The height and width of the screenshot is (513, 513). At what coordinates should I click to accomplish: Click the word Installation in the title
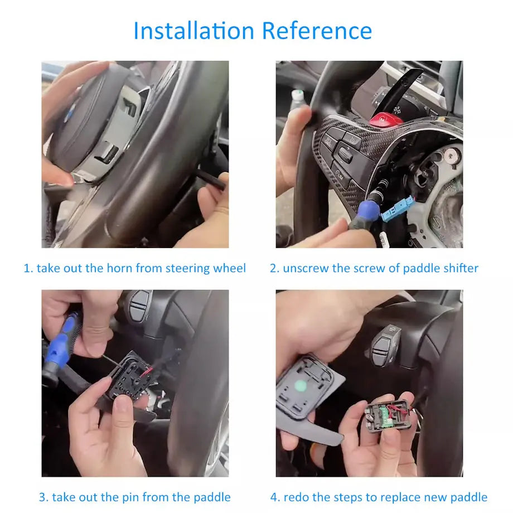193,31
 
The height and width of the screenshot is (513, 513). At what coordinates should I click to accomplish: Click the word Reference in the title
317,31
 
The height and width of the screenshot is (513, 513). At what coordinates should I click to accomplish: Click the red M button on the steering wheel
386,120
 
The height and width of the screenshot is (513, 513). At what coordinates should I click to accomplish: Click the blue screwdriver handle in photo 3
61,340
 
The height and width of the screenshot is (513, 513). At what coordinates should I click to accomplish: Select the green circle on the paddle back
301,386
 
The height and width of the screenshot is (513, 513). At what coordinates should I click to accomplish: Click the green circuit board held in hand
386,416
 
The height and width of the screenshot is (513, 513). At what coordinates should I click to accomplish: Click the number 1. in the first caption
29,268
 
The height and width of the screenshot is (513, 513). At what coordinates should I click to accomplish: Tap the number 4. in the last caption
275,497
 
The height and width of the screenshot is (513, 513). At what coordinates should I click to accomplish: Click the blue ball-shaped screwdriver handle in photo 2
369,210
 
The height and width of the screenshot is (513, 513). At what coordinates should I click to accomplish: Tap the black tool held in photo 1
210,178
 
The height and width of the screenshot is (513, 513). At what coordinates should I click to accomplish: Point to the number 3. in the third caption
43,497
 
